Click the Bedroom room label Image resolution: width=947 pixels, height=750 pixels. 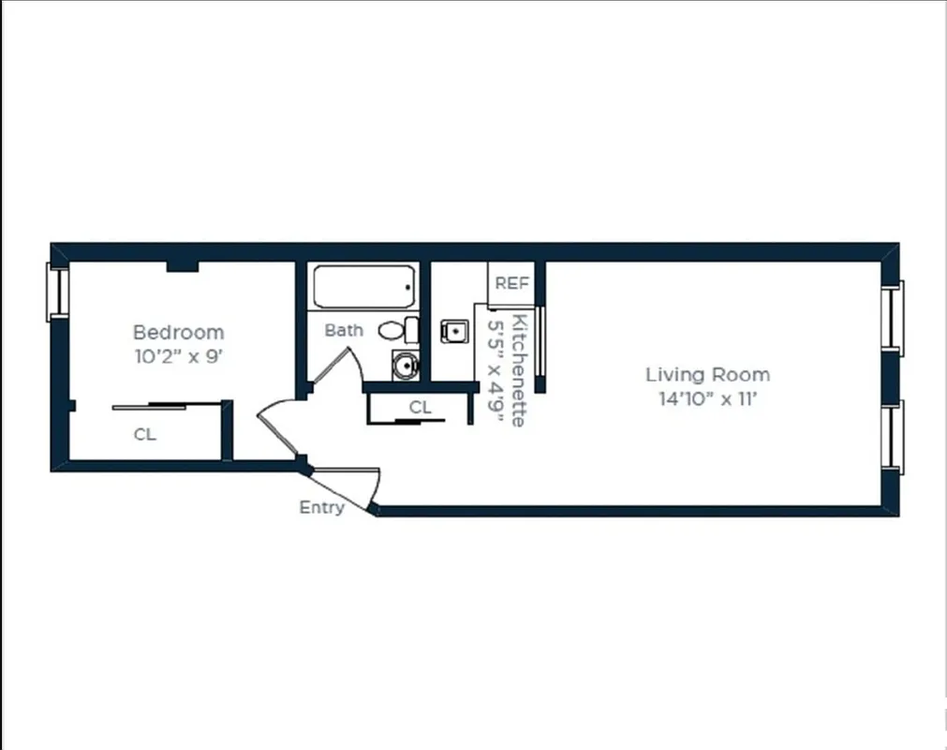coord(178,332)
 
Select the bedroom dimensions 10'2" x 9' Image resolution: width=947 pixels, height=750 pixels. coord(178,356)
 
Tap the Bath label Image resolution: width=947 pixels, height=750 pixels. coord(344,330)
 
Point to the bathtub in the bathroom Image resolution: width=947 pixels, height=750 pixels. coord(363,286)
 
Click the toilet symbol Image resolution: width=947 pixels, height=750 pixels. coord(399,330)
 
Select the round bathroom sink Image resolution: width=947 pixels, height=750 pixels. coord(405,365)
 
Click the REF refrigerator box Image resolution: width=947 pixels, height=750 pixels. coord(512,283)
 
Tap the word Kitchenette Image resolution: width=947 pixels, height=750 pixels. coord(519,369)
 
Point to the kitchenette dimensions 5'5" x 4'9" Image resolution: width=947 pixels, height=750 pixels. coord(496,369)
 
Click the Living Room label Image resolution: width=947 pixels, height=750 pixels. coord(707,374)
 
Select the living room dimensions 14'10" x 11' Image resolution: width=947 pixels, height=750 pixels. coord(707,398)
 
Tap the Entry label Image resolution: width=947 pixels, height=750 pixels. coord(321,507)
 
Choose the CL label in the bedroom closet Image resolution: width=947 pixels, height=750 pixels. coord(144,435)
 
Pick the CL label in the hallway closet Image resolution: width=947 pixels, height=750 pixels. coord(420,407)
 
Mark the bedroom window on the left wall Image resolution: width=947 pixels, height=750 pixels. coord(58,292)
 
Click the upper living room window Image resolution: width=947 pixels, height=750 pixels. coord(895,318)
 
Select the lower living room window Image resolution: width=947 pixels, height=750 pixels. coord(895,436)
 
